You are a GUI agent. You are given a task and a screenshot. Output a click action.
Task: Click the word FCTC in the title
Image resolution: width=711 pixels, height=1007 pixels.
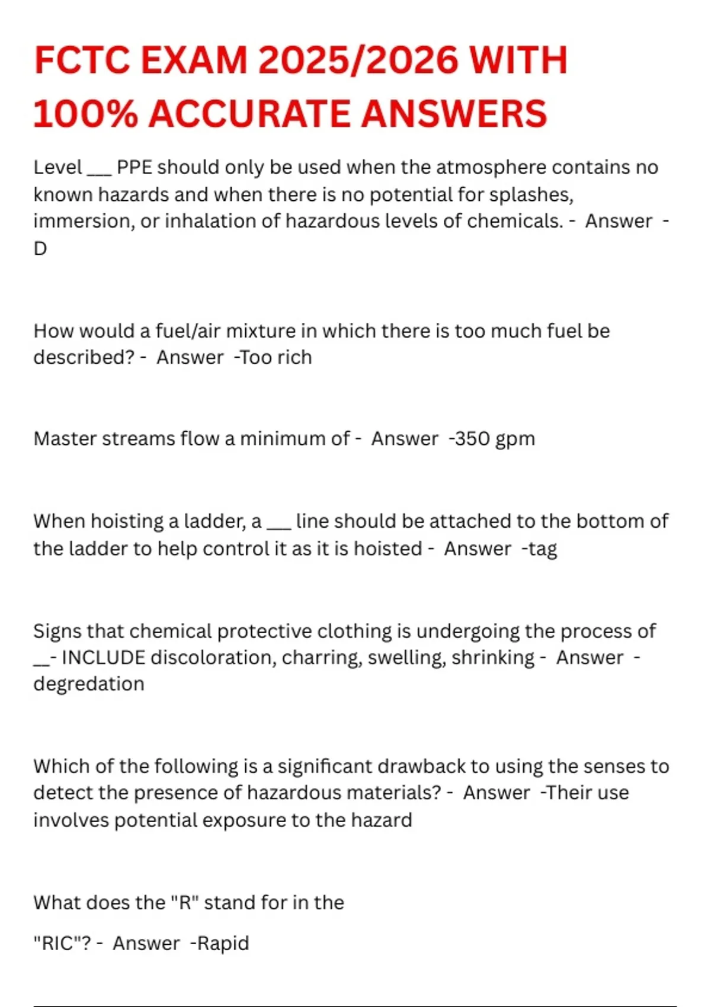(x=81, y=60)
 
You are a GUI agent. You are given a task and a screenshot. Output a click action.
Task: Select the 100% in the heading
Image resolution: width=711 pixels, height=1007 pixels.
(x=83, y=114)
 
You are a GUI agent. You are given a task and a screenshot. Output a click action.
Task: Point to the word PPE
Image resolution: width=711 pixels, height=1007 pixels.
(x=134, y=168)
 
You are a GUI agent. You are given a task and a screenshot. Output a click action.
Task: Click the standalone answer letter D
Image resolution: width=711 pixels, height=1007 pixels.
(x=40, y=249)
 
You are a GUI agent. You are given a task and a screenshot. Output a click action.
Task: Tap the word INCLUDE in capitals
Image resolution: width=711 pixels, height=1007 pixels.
(x=104, y=658)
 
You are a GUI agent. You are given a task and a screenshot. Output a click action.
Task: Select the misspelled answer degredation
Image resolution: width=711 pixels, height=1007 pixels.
(x=89, y=684)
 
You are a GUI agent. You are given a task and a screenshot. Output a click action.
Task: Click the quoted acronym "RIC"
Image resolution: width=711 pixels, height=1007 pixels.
(x=62, y=943)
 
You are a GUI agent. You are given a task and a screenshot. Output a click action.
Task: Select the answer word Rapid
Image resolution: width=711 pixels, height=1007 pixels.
(x=223, y=943)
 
